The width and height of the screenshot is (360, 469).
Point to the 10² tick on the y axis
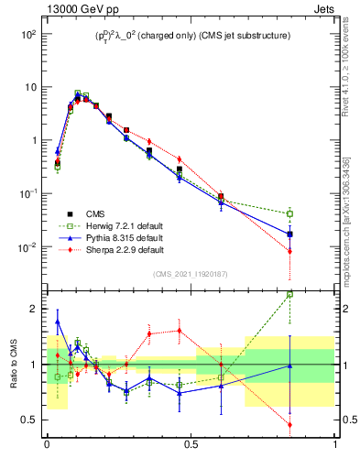tap(27, 34)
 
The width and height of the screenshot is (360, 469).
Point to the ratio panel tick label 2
tap(33, 309)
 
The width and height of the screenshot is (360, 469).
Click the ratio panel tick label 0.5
tap(29, 420)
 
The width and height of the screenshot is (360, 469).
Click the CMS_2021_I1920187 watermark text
tap(190, 274)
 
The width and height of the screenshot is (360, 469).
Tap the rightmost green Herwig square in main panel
tap(290, 213)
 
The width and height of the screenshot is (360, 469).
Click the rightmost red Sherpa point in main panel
tap(290, 251)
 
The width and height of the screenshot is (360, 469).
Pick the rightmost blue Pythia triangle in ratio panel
tap(290, 365)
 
